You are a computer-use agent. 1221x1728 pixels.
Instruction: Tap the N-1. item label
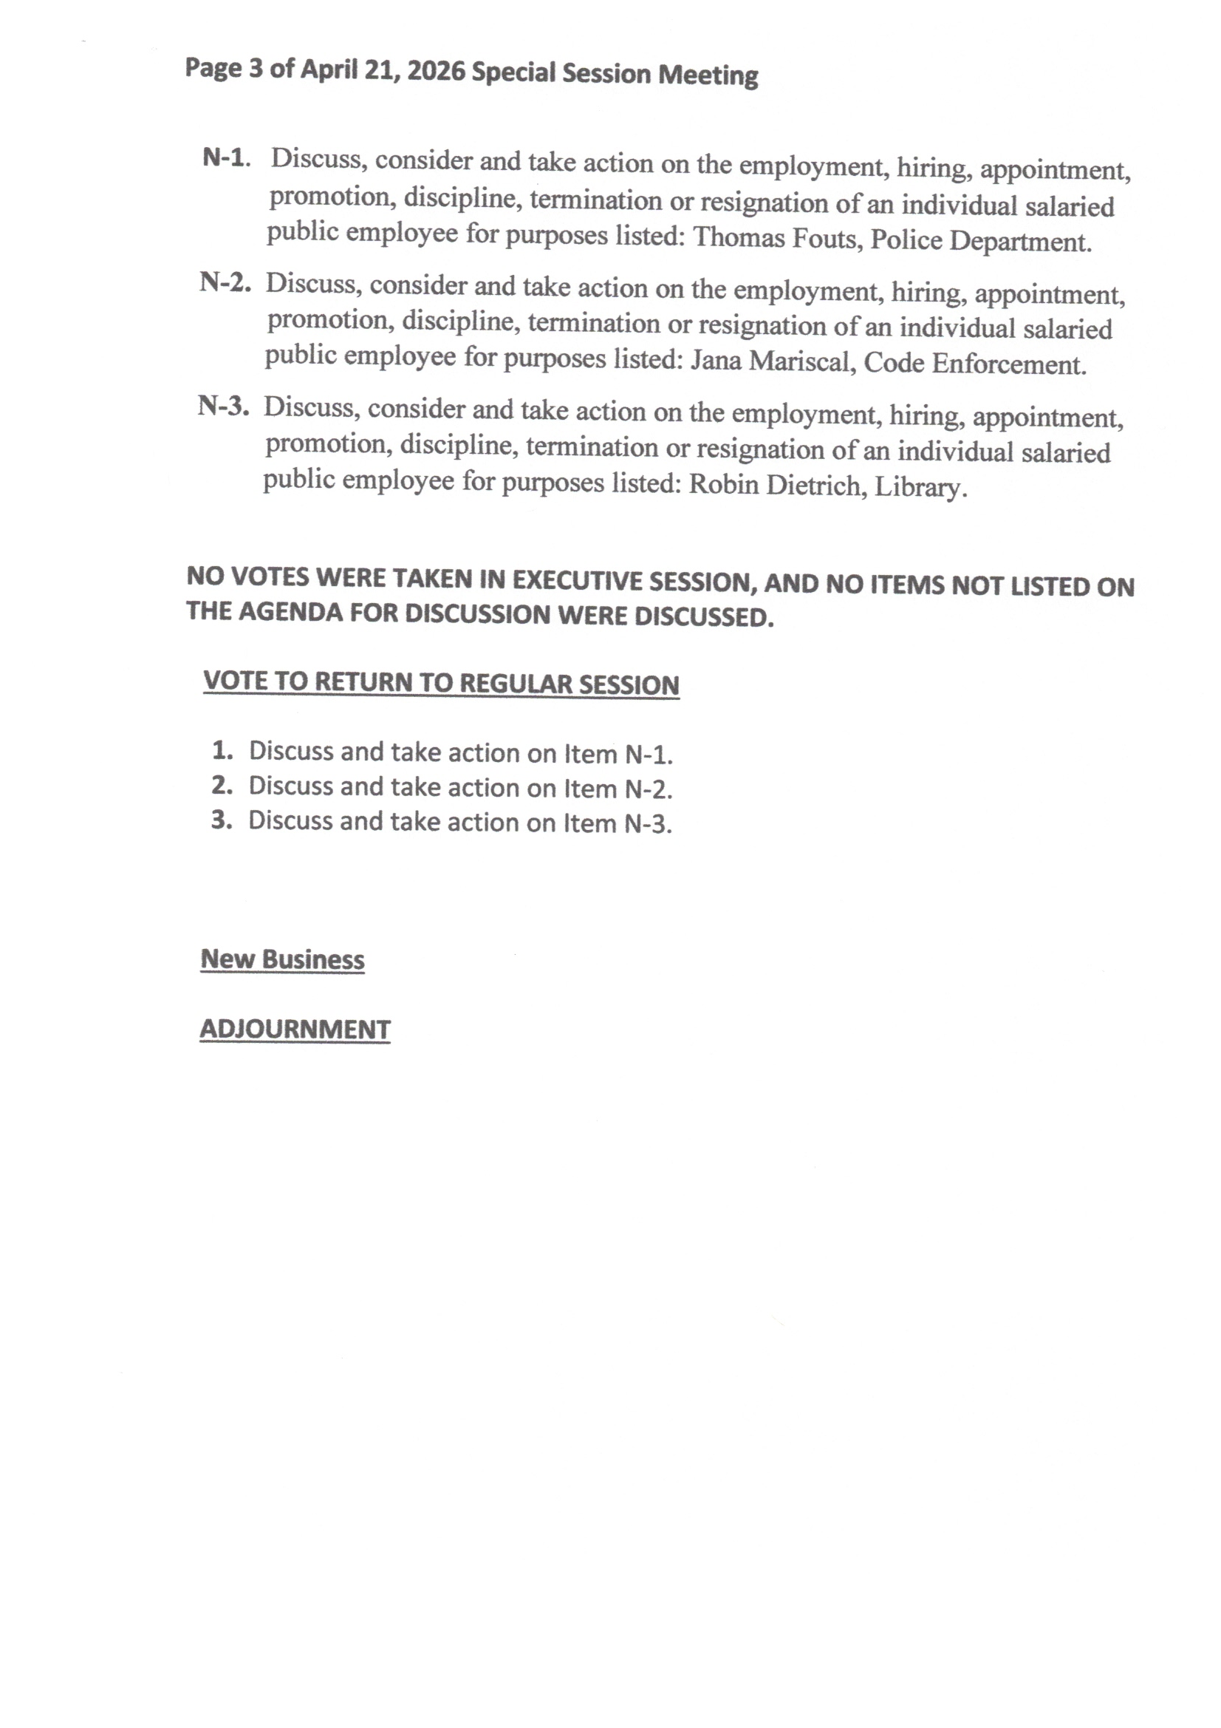pos(226,158)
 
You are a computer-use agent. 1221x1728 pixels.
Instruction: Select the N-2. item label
pos(225,282)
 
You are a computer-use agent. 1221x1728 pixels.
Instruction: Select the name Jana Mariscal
pos(770,361)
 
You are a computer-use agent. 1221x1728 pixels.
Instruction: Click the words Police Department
pos(981,241)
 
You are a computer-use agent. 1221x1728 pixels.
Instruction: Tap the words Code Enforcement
pos(975,364)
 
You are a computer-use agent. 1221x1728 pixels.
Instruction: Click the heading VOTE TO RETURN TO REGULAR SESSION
pos(441,684)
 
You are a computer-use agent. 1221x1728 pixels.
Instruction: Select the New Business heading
pos(282,959)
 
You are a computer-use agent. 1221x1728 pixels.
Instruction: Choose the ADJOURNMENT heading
pos(295,1030)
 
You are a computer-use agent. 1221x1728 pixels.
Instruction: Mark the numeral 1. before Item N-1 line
pos(222,750)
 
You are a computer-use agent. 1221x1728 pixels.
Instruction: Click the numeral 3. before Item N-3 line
pos(221,820)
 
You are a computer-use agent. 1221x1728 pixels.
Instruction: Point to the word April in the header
pos(329,69)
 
